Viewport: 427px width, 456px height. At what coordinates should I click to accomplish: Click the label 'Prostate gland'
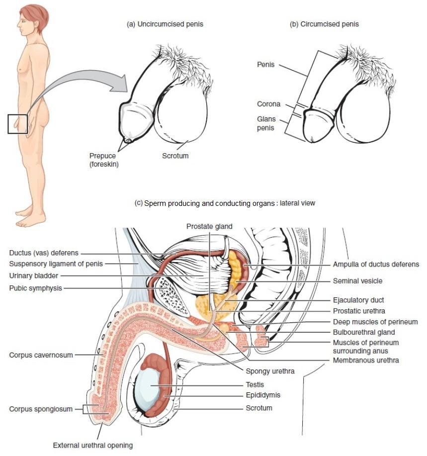(209, 226)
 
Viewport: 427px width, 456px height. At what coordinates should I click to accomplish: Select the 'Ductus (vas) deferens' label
(44, 253)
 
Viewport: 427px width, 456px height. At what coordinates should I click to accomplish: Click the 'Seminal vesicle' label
(357, 281)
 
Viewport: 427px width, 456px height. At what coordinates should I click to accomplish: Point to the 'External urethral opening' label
(93, 446)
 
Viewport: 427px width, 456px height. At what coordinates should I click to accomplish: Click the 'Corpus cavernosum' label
(41, 355)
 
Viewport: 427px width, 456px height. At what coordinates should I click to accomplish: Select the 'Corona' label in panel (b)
(268, 104)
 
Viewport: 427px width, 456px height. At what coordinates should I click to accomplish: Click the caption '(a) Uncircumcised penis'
(165, 24)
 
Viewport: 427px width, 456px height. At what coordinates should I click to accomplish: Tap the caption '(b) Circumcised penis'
(324, 24)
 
